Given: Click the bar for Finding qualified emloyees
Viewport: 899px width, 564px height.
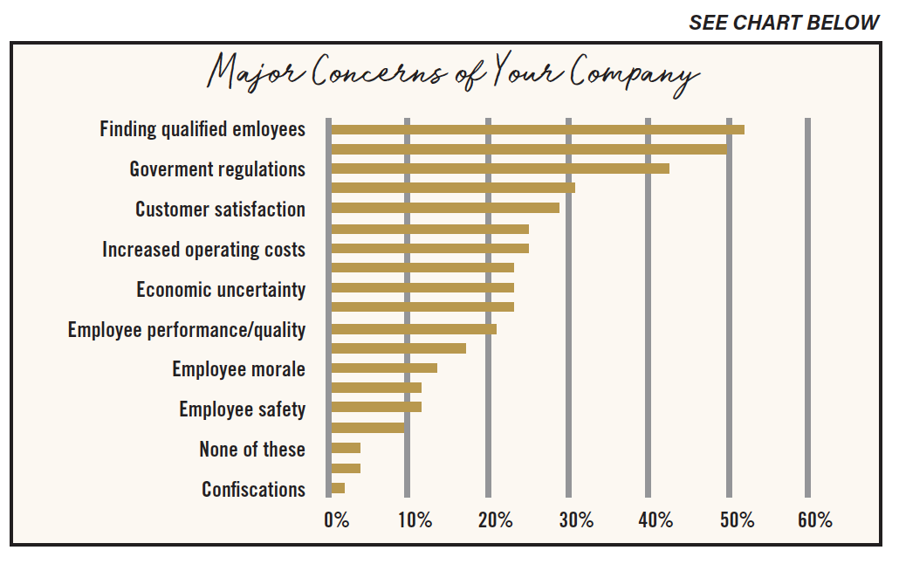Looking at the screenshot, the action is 538,130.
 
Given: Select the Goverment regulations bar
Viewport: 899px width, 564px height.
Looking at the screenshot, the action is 500,169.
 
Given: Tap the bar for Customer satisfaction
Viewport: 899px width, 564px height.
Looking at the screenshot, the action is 445,208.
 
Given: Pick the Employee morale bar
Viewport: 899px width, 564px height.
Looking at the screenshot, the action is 384,368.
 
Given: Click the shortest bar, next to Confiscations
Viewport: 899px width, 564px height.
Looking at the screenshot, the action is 338,488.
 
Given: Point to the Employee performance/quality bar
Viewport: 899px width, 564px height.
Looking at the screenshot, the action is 414,329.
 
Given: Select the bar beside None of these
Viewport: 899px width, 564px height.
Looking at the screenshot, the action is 346,448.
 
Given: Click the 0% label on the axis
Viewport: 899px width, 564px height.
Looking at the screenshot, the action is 337,520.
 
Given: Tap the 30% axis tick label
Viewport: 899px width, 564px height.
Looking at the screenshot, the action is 576,520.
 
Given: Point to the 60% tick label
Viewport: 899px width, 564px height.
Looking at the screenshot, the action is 814,520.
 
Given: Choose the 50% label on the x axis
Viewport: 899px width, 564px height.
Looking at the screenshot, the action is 738,520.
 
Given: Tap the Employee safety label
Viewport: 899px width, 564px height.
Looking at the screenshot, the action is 242,410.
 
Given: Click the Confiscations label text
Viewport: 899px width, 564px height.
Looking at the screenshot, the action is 253,490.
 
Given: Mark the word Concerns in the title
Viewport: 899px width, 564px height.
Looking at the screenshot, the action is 379,72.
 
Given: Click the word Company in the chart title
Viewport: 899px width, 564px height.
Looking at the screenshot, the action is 635,74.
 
